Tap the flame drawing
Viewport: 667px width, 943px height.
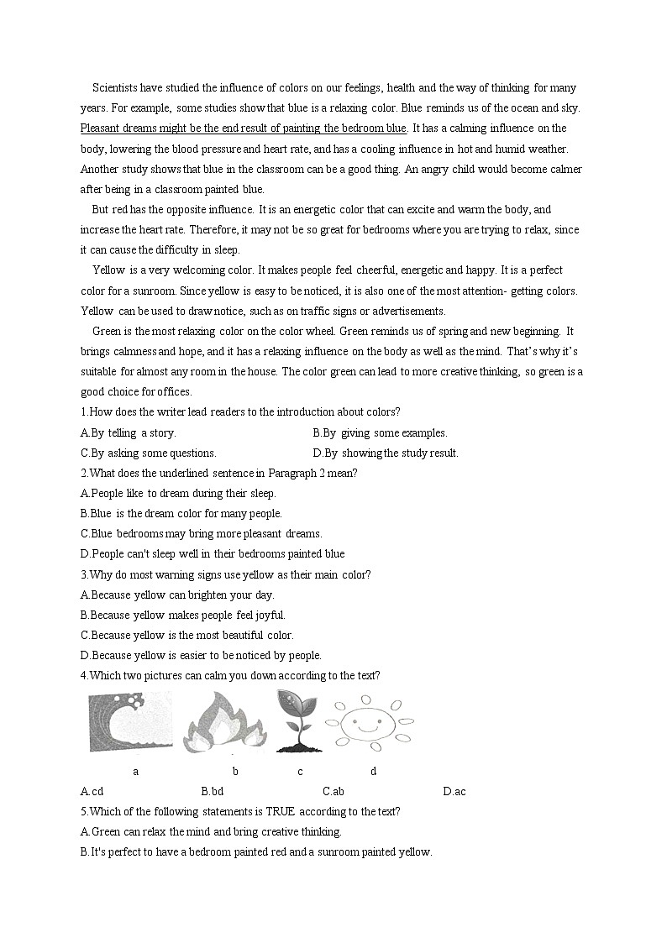click(x=225, y=721)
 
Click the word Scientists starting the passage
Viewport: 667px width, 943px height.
click(x=117, y=87)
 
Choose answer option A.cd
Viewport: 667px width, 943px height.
click(x=92, y=791)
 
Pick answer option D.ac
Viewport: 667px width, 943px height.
click(x=454, y=791)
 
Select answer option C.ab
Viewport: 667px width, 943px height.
click(x=333, y=791)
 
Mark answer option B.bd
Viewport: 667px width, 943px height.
click(x=213, y=791)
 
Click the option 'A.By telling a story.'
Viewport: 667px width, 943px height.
click(x=129, y=432)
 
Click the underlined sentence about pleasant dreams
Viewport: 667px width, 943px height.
click(x=244, y=128)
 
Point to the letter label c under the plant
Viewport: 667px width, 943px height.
click(x=300, y=771)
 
